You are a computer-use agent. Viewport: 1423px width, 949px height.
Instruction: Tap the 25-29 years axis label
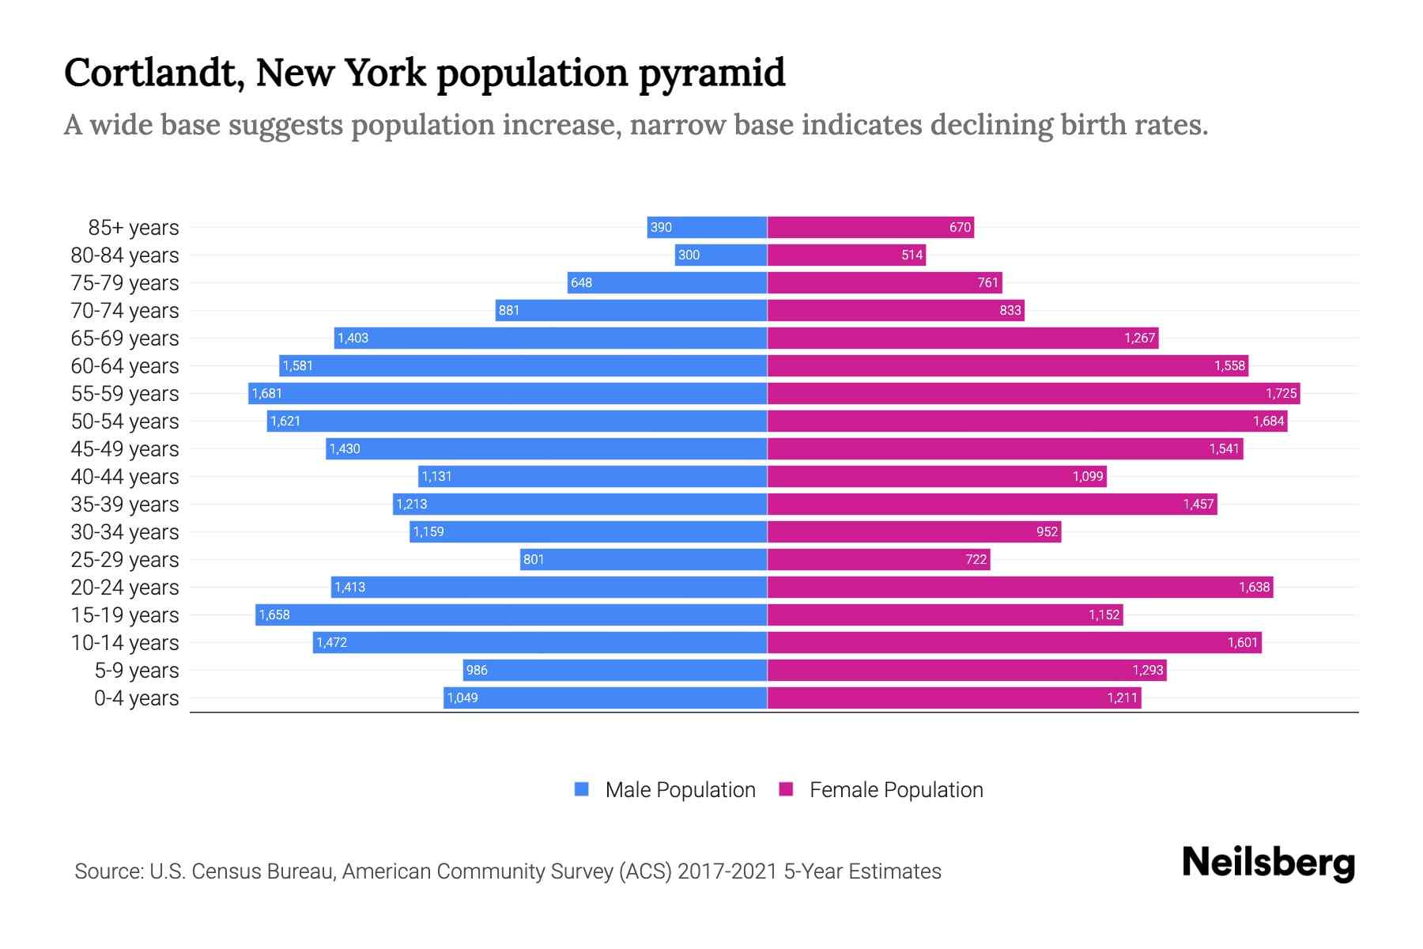tap(125, 559)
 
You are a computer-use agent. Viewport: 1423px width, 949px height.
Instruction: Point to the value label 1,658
tap(274, 614)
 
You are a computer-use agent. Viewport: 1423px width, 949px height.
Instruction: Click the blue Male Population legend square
tap(582, 789)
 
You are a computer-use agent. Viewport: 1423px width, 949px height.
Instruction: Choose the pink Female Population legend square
tap(786, 789)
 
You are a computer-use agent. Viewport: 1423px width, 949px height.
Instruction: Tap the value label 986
tap(477, 670)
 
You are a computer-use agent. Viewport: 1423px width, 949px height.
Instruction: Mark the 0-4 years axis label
tap(136, 698)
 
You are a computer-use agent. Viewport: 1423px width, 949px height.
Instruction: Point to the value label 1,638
tap(1254, 587)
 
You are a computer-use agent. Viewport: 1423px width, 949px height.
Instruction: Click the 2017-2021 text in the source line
tap(727, 871)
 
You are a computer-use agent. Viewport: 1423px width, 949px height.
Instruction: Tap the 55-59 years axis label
tap(125, 393)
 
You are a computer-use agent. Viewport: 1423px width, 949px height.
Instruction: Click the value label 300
tap(689, 255)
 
